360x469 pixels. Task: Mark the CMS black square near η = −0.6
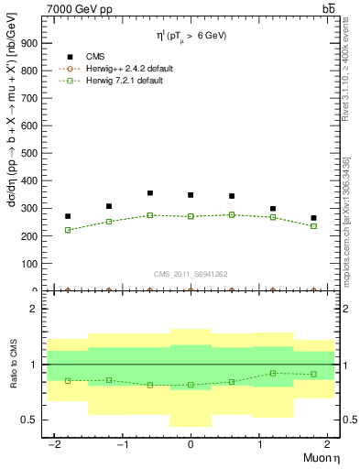[x=149, y=193]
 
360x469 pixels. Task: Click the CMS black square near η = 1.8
[x=313, y=218]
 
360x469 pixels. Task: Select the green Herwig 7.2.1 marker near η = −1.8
[x=68, y=230]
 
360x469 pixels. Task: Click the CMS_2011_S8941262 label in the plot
[x=191, y=273]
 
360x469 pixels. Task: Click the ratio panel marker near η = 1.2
[x=273, y=373]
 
